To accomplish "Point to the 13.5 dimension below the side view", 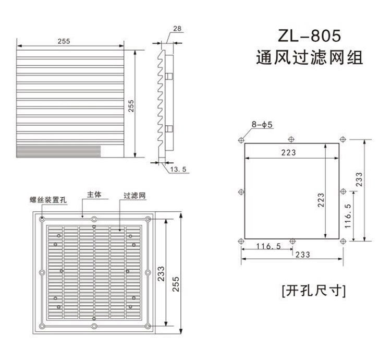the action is (x=178, y=169).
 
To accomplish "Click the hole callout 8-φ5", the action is (x=262, y=125).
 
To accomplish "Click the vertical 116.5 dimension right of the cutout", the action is (x=349, y=213).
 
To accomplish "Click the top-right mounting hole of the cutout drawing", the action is (x=343, y=139).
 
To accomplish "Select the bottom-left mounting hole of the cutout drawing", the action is (x=240, y=241).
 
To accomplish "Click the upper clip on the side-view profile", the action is (x=168, y=76).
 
